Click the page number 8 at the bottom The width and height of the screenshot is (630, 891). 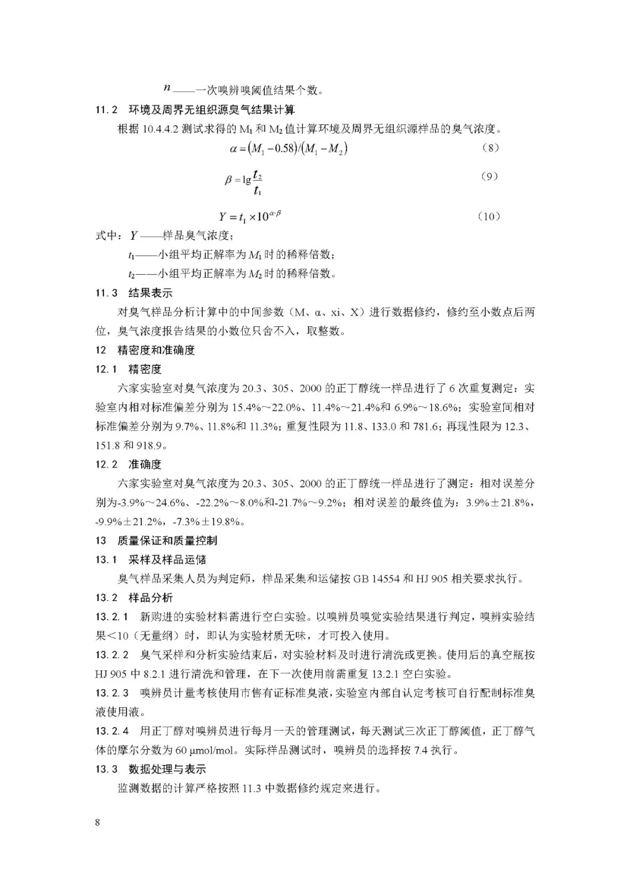[97, 823]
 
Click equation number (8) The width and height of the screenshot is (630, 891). [490, 148]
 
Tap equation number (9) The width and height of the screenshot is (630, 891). [489, 176]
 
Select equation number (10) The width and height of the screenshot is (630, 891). [489, 216]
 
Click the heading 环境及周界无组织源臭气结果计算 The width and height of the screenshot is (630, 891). [212, 109]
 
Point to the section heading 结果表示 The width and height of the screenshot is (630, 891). [150, 293]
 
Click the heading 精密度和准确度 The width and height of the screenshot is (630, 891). [156, 350]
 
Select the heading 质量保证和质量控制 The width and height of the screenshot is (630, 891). [167, 540]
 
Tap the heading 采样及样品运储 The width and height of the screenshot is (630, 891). [167, 560]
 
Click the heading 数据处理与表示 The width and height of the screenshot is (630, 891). [167, 769]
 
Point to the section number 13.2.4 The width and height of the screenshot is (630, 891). [112, 731]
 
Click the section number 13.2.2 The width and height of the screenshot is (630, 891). [112, 655]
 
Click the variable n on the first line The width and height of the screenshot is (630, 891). [167, 88]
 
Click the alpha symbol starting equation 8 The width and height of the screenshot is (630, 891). [234, 149]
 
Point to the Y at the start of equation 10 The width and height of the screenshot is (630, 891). [223, 217]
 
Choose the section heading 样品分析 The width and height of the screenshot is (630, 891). [150, 598]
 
